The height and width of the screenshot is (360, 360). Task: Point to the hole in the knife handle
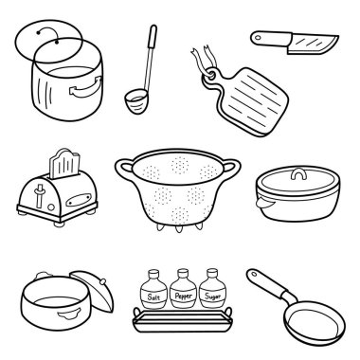(x=258, y=38)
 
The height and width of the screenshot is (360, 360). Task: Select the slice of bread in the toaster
(x=64, y=164)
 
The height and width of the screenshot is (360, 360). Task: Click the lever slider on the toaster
(x=40, y=195)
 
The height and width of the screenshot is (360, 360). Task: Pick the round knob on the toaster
(x=51, y=207)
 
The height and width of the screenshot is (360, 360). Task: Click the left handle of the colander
(x=124, y=170)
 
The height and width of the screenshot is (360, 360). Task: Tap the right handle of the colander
(x=231, y=168)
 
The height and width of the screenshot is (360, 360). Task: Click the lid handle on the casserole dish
(x=298, y=174)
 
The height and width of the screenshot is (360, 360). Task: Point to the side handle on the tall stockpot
(x=86, y=88)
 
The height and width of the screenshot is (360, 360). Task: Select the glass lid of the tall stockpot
(x=48, y=41)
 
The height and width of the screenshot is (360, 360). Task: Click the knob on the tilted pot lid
(x=102, y=280)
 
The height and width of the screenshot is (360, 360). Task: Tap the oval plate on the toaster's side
(x=79, y=200)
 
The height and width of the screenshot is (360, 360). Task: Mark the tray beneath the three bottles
(x=183, y=319)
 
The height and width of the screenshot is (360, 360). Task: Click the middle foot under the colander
(x=179, y=228)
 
